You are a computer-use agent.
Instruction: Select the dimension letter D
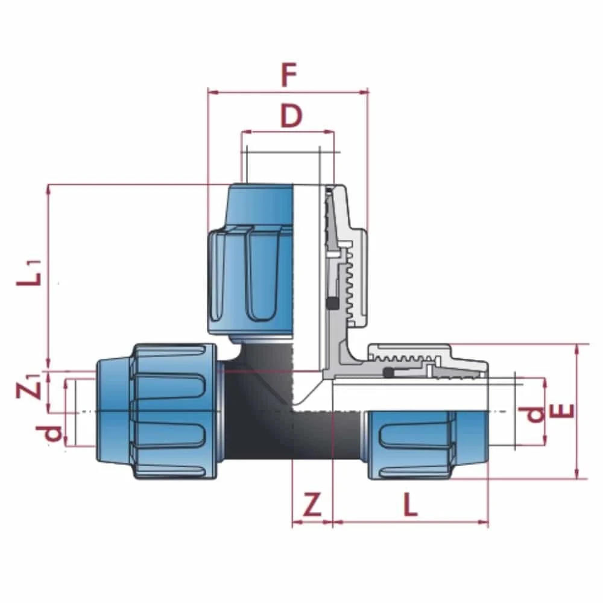291,116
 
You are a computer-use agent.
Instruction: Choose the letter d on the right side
535,414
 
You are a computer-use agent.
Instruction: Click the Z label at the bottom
312,505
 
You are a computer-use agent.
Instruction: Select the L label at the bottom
410,505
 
